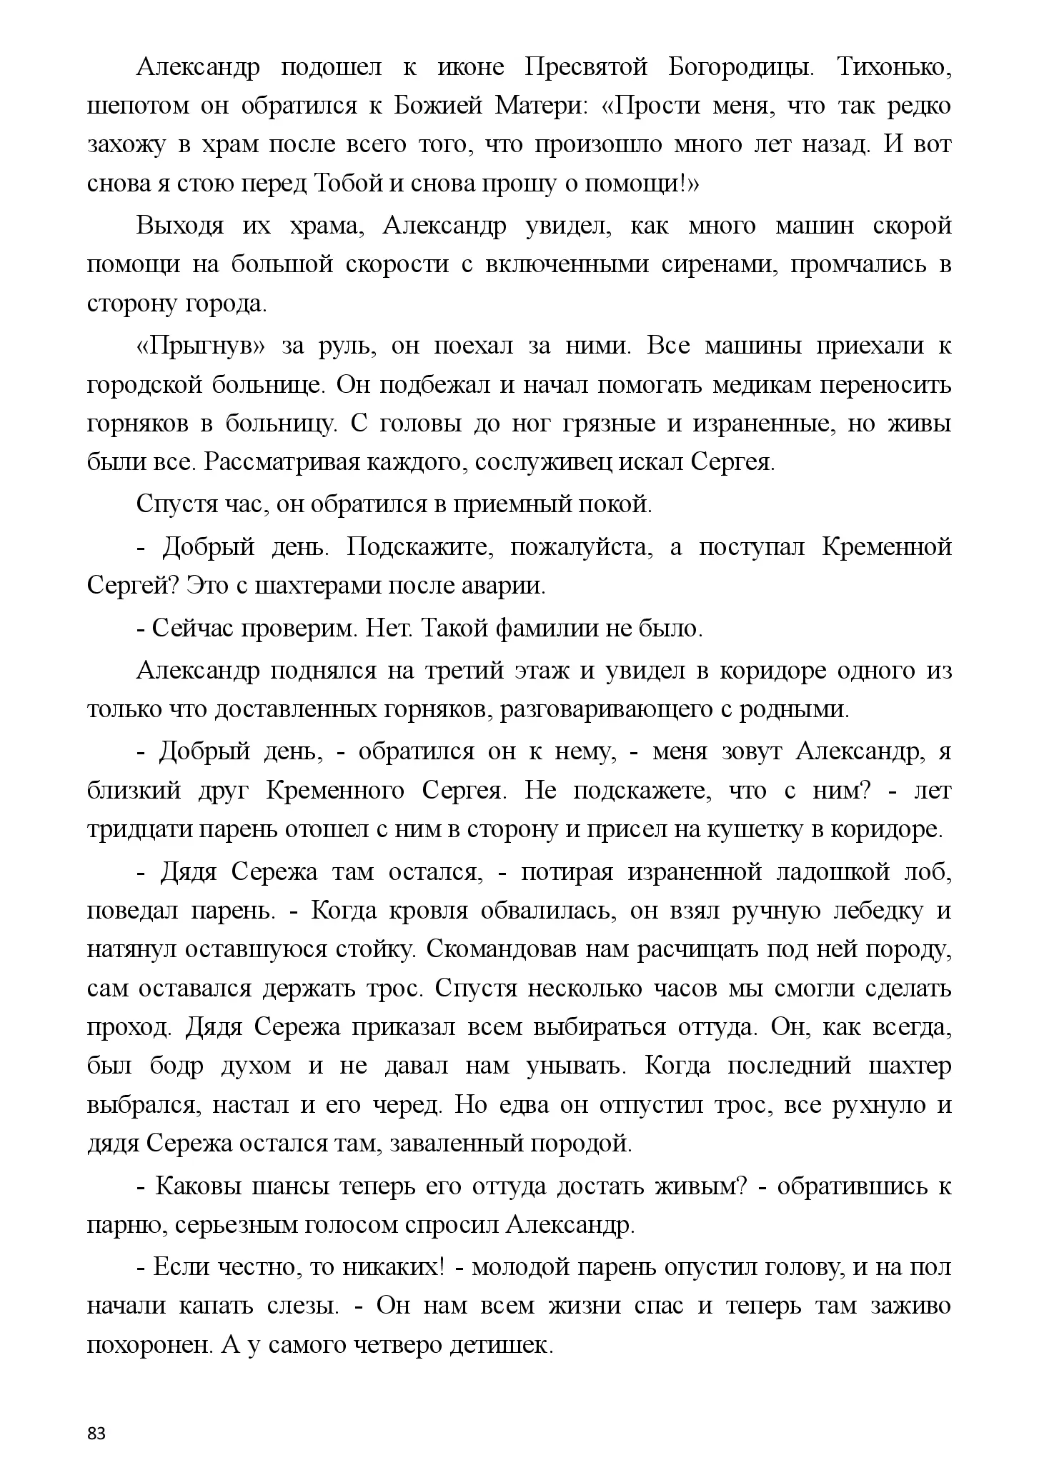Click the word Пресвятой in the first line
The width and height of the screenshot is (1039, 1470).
pos(586,67)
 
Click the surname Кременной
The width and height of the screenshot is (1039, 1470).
pos(887,546)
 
